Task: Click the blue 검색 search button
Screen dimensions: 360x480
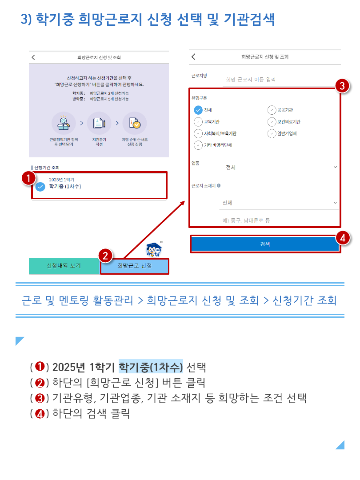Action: click(265, 244)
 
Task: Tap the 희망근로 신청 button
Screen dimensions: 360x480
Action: click(134, 266)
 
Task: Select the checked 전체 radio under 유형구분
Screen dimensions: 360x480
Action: click(198, 110)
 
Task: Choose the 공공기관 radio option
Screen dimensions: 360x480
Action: click(272, 110)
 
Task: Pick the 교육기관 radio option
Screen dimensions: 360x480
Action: click(198, 122)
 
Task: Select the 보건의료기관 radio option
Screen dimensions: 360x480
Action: click(272, 122)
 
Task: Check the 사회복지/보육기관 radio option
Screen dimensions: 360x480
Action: click(198, 133)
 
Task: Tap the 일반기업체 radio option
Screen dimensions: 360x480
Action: click(272, 133)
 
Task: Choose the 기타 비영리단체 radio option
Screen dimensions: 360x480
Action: click(198, 145)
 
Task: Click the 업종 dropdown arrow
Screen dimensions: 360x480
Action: click(335, 167)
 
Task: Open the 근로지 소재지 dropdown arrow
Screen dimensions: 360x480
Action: click(335, 203)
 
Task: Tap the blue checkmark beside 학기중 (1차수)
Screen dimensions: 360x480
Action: click(40, 186)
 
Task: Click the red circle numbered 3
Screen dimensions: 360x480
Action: click(342, 86)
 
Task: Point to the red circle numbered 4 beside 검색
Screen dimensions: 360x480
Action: click(343, 238)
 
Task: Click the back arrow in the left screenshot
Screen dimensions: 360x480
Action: click(33, 57)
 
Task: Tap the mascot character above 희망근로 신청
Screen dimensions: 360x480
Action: click(154, 249)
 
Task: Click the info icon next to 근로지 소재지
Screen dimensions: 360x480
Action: click(219, 185)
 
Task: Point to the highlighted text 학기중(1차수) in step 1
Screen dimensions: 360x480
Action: click(151, 366)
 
